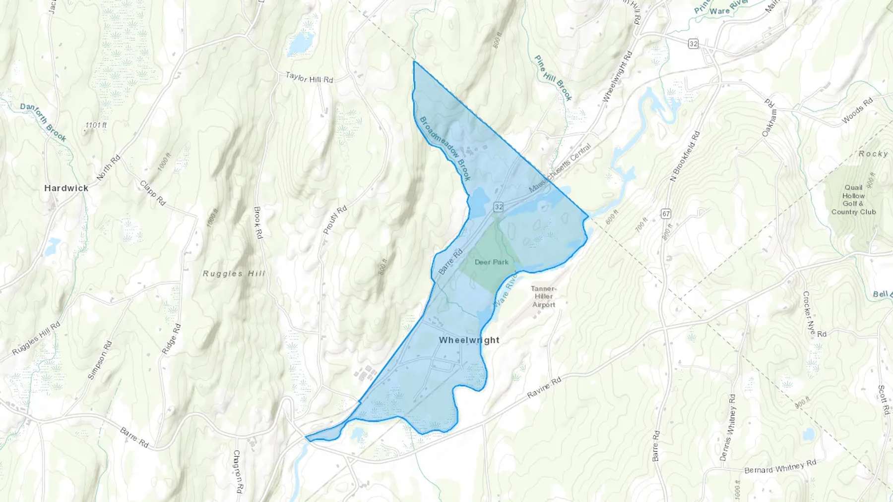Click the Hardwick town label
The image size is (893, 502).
click(x=66, y=188)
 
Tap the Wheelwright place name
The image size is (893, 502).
click(x=469, y=340)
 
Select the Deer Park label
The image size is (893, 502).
click(x=491, y=262)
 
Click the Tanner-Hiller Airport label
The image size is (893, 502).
click(x=543, y=296)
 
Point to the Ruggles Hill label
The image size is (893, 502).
click(x=234, y=273)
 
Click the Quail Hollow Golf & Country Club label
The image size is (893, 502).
click(x=853, y=200)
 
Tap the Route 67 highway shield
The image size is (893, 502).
click(x=666, y=214)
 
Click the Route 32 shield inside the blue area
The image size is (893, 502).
click(x=498, y=207)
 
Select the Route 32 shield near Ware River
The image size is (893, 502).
click(x=693, y=44)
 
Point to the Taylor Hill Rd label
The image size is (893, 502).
click(x=309, y=77)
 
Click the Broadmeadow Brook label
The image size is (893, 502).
click(x=445, y=148)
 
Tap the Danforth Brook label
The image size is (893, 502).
click(x=43, y=122)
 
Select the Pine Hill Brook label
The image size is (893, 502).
click(x=553, y=78)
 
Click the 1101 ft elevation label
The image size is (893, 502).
click(x=96, y=125)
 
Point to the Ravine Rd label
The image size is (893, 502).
click(x=544, y=387)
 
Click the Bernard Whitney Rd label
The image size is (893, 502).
click(x=780, y=467)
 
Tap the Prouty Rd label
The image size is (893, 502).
click(x=335, y=220)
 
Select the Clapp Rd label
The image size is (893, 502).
click(x=152, y=193)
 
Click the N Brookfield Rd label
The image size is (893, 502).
click(x=685, y=156)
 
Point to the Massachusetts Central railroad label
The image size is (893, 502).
click(x=560, y=168)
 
